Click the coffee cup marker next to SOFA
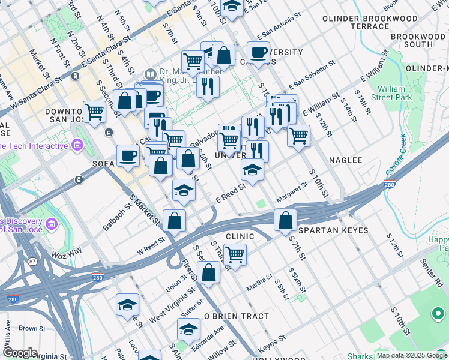[128, 156]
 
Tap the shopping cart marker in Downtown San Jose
[95, 112]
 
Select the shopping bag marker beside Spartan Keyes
[286, 220]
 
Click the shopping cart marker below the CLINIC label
[235, 254]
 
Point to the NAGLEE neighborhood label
[346, 160]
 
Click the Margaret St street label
[292, 193]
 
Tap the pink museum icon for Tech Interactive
[77, 145]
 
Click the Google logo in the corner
[19, 353]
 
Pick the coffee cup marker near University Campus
[258, 53]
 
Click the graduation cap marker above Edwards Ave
[188, 329]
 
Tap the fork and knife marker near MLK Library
[208, 86]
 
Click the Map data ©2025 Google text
[412, 355]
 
